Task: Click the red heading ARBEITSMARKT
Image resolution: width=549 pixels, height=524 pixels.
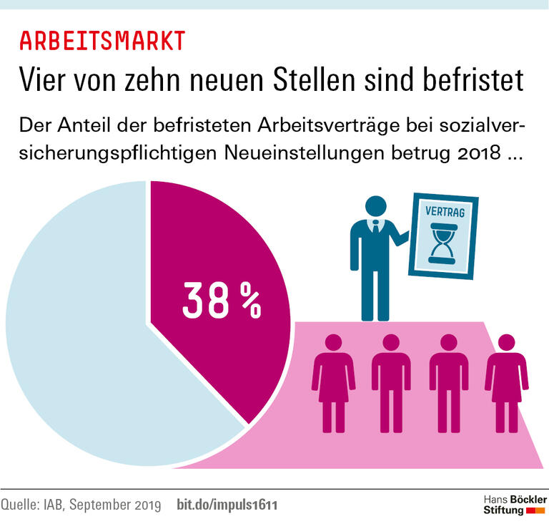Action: tap(102, 41)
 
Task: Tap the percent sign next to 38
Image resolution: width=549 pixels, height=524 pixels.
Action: tap(249, 300)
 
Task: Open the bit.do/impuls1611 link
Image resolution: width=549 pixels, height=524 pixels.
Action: tap(227, 505)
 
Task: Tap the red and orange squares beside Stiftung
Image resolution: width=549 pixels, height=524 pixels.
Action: tap(535, 510)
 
